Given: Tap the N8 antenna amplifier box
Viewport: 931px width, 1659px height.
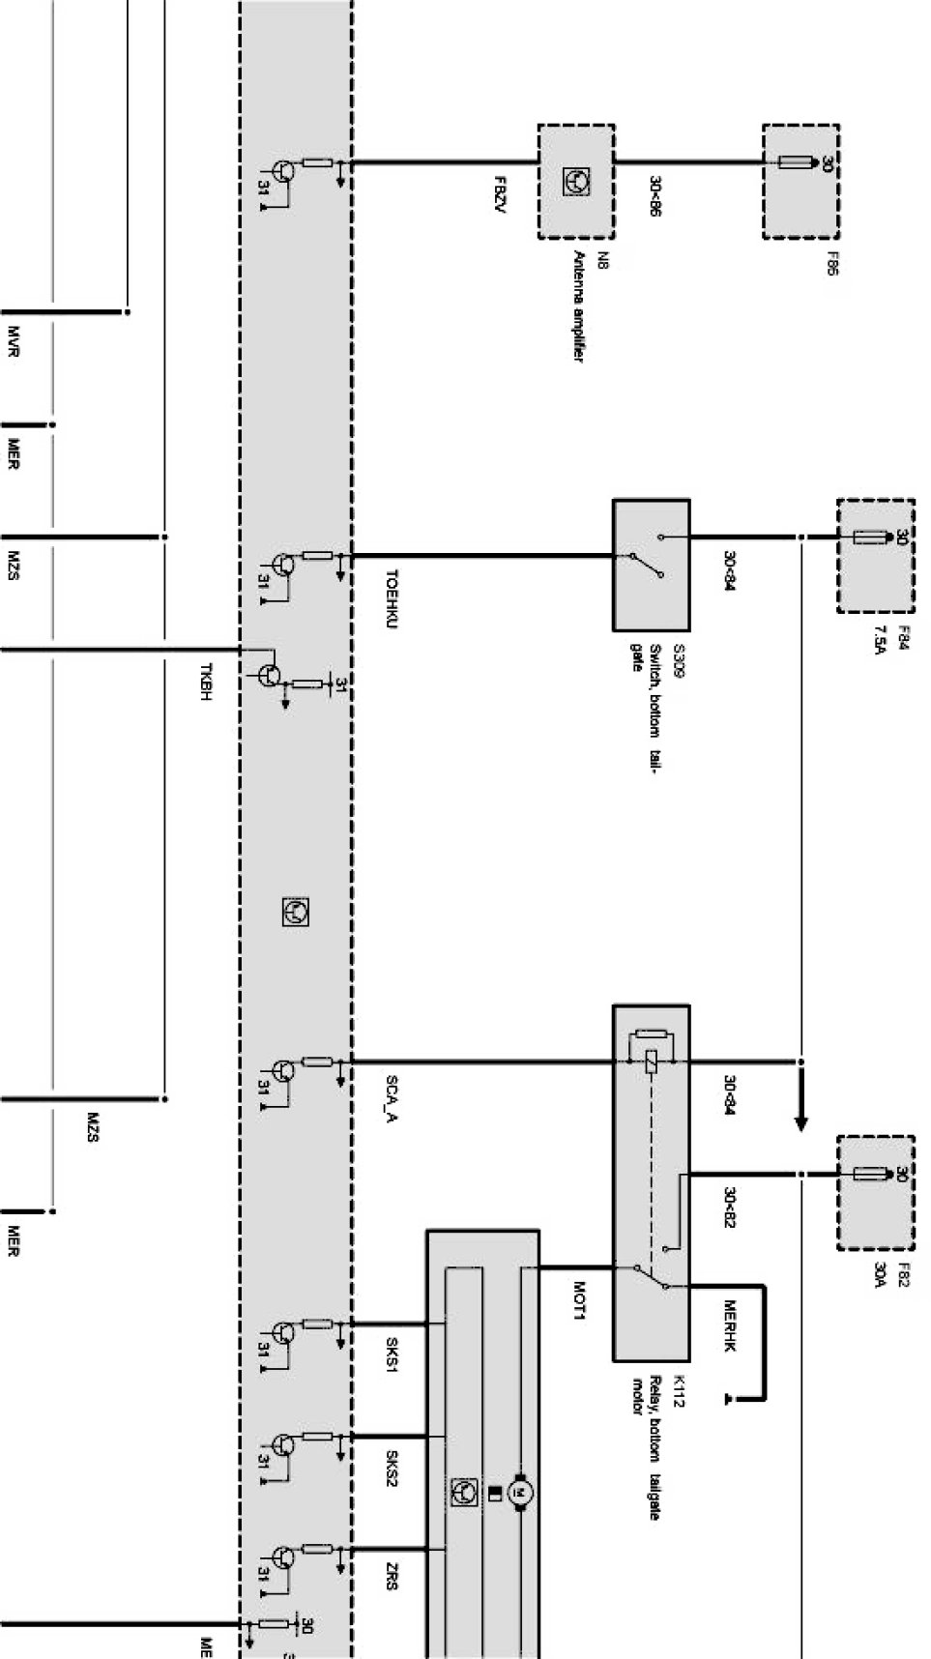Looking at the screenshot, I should (576, 181).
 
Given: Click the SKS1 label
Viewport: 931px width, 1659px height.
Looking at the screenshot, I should (392, 1355).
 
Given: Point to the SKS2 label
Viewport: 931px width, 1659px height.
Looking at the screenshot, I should (392, 1468).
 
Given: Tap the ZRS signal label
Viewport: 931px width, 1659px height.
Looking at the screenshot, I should (392, 1578).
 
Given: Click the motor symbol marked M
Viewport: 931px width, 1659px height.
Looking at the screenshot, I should (520, 1496).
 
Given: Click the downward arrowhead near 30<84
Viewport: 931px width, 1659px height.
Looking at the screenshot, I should (800, 1123).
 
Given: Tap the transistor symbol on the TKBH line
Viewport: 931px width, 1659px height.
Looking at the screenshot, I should (272, 676).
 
